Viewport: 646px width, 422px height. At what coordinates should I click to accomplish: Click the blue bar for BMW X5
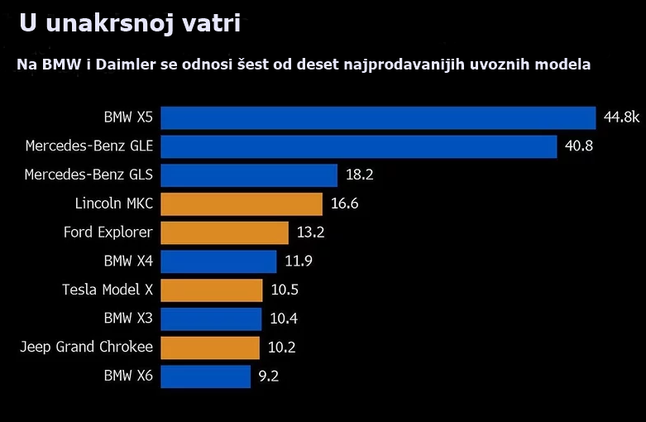378,117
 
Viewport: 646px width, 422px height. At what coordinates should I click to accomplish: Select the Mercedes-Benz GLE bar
358,146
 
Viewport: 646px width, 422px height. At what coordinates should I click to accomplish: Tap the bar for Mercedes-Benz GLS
249,175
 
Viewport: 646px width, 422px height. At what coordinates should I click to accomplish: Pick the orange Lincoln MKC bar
241,204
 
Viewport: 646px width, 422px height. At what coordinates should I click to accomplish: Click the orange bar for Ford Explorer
224,233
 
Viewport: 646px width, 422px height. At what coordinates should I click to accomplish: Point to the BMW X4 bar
218,261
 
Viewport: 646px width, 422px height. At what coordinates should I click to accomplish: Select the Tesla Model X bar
211,290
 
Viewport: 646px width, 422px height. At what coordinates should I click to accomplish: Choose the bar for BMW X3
211,319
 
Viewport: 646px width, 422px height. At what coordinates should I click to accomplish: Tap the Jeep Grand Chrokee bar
210,348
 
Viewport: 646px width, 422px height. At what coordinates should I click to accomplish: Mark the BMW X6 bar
205,376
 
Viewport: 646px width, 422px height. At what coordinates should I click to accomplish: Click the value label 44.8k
621,117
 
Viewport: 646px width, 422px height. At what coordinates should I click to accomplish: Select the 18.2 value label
360,175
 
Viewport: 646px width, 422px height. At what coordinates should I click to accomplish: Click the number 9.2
269,376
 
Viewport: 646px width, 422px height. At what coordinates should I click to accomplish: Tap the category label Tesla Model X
108,290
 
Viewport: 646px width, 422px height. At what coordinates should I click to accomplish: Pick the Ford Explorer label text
108,233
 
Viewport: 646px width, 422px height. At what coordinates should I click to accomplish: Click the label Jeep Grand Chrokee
87,348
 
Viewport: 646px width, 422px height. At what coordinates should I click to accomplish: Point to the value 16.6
344,204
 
